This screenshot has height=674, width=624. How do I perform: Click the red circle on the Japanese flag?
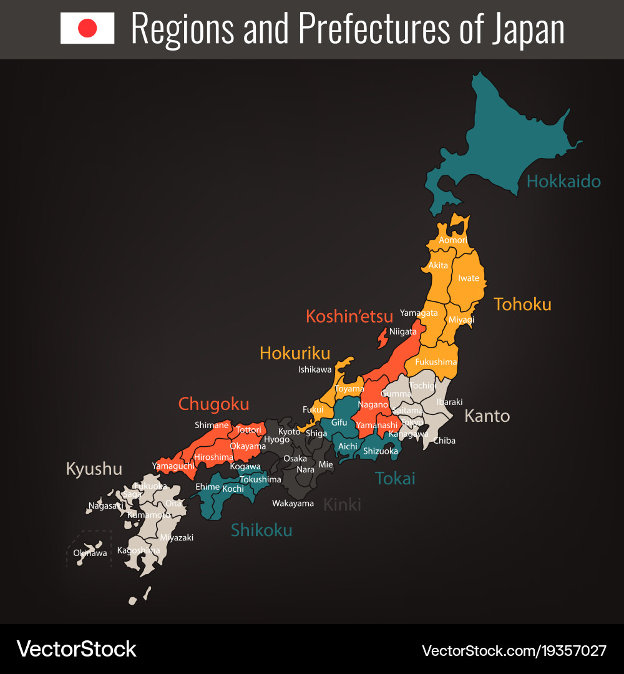pyautogui.click(x=87, y=28)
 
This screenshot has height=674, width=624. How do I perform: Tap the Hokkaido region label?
pyautogui.click(x=563, y=182)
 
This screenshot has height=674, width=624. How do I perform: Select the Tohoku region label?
pyautogui.click(x=522, y=305)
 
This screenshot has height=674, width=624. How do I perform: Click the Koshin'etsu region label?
pyautogui.click(x=349, y=316)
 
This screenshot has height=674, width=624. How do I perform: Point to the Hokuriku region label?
pyautogui.click(x=295, y=353)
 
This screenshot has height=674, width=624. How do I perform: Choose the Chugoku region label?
pyautogui.click(x=213, y=404)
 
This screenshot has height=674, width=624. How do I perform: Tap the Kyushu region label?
pyautogui.click(x=94, y=469)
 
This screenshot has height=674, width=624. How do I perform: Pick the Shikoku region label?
pyautogui.click(x=261, y=530)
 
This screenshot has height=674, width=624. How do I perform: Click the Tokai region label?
pyautogui.click(x=395, y=479)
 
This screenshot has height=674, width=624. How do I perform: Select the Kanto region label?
pyautogui.click(x=487, y=416)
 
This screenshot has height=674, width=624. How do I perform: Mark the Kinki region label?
pyautogui.click(x=342, y=504)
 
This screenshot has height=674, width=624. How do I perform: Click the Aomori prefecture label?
pyautogui.click(x=452, y=240)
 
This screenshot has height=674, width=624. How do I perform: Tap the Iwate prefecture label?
pyautogui.click(x=469, y=278)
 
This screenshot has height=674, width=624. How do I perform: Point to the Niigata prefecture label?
pyautogui.click(x=403, y=332)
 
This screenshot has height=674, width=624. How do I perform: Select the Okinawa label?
pyautogui.click(x=90, y=553)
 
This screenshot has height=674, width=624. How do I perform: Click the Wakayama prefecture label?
pyautogui.click(x=293, y=503)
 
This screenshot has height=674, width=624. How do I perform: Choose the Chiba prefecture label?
pyautogui.click(x=444, y=441)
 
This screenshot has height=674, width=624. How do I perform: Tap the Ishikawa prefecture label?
pyautogui.click(x=315, y=369)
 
